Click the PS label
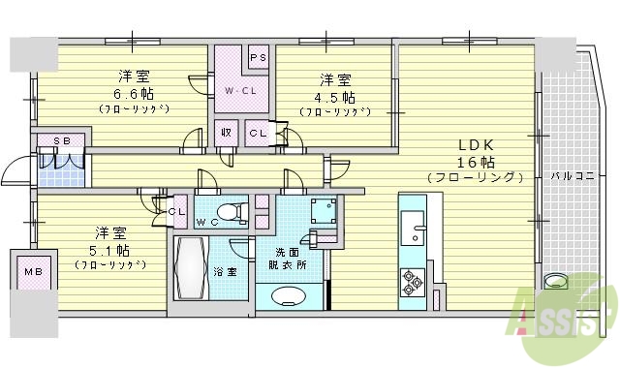[258, 58]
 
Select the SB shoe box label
[61, 141]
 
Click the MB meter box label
[33, 271]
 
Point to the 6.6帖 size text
[133, 94]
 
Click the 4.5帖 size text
[334, 98]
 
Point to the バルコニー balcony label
[571, 177]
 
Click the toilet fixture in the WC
[228, 212]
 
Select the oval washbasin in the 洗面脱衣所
[290, 296]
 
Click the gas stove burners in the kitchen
[412, 282]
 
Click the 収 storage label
[224, 133]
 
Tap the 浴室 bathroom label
[225, 272]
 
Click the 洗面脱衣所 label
[289, 258]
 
